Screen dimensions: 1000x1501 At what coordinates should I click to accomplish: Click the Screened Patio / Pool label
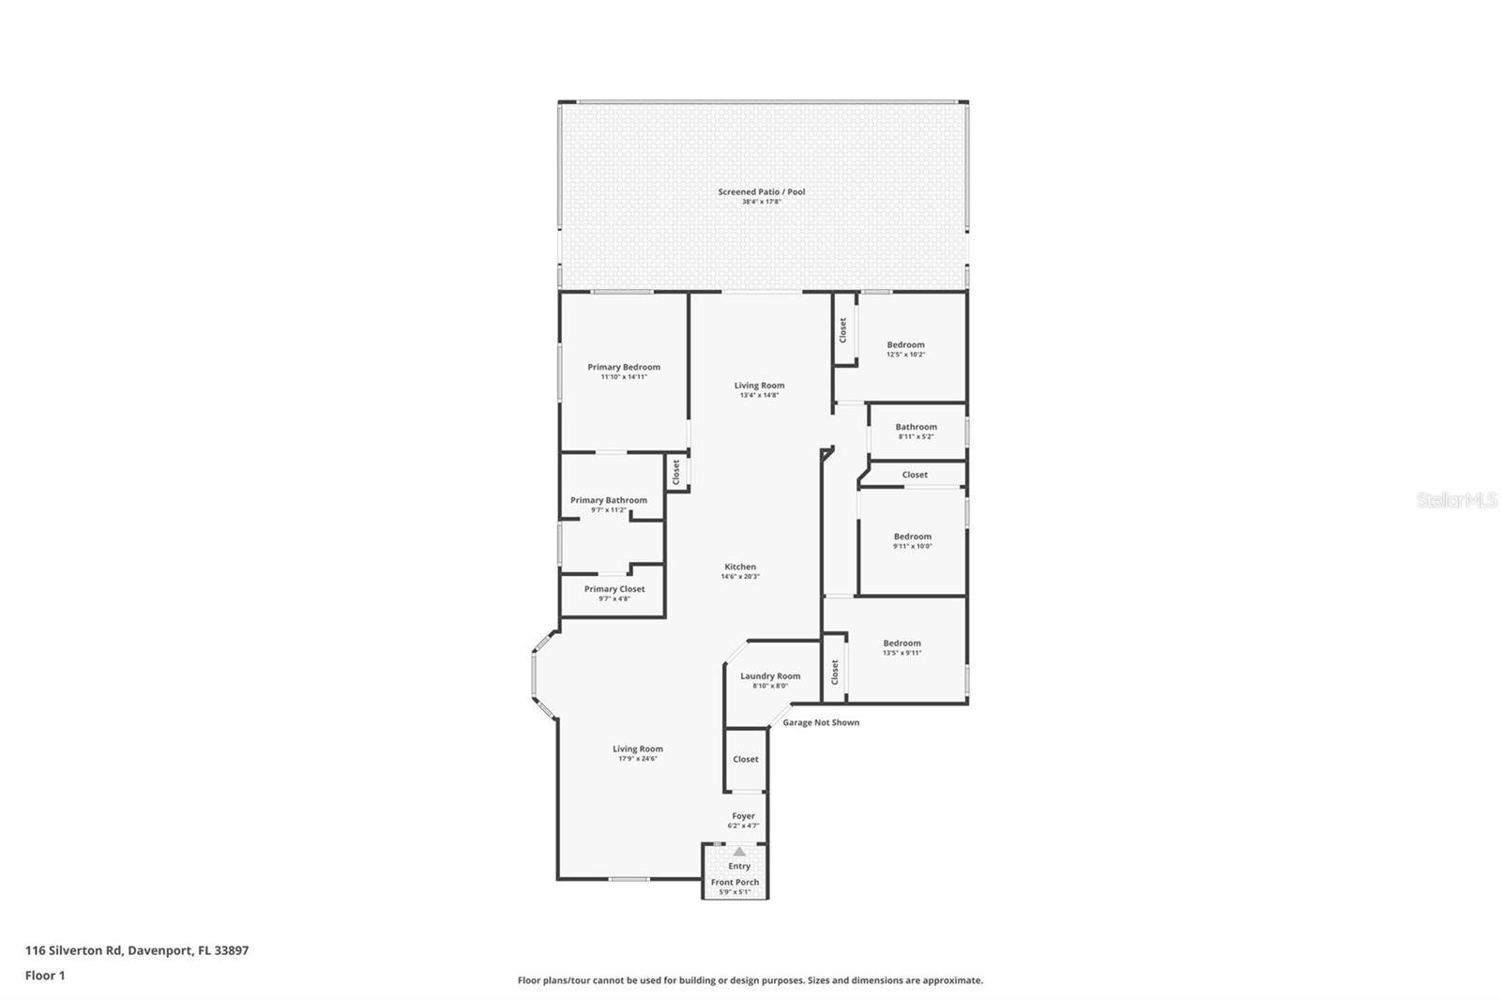(761, 192)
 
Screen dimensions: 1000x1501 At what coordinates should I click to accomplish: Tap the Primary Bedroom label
(624, 368)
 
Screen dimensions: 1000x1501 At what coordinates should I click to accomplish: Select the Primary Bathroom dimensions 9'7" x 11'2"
(608, 510)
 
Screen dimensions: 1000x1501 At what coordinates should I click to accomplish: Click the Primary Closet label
(614, 589)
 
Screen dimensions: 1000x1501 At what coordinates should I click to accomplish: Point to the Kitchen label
(740, 567)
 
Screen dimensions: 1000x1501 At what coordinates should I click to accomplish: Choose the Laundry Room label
(770, 676)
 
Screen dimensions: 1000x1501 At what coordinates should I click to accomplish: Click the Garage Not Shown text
(821, 722)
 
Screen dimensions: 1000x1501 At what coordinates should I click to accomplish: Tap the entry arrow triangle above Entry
(739, 852)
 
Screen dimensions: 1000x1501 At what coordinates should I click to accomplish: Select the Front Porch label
(735, 883)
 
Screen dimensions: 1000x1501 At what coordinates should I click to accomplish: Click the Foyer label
(743, 816)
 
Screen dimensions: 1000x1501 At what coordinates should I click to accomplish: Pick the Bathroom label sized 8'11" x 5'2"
(916, 427)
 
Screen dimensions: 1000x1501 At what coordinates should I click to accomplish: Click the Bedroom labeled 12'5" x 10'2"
(905, 345)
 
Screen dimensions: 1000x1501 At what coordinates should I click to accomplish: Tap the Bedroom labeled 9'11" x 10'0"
(912, 537)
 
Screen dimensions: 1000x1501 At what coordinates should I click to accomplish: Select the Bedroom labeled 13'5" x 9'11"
(902, 644)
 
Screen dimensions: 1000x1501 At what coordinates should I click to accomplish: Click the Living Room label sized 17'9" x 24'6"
(638, 749)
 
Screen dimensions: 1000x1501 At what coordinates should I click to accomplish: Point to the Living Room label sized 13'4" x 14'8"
(759, 386)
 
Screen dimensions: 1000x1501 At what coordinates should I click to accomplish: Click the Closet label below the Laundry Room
(746, 759)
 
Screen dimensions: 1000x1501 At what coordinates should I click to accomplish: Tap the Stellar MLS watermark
(1456, 501)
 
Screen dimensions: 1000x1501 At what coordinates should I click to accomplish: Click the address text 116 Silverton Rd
(74, 950)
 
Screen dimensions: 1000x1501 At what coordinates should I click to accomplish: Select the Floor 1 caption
(45, 976)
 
